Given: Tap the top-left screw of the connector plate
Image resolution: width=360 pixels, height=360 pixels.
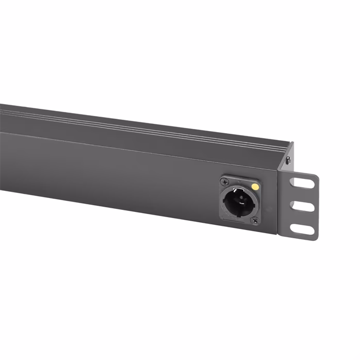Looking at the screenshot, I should point(224,182).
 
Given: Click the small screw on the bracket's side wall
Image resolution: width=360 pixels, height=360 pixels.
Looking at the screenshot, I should point(288,161).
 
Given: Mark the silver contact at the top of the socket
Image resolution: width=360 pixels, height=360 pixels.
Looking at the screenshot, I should point(239,190).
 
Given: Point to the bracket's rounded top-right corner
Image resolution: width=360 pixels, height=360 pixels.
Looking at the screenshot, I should point(316,176).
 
